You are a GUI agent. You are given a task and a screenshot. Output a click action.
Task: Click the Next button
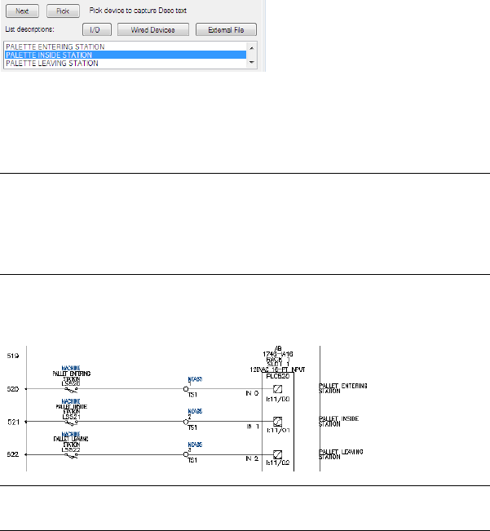coord(22,11)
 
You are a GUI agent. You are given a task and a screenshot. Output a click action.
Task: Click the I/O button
coord(95,30)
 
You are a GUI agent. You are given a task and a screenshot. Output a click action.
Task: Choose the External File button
coord(226,30)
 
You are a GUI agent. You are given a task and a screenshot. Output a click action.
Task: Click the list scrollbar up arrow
coord(251,47)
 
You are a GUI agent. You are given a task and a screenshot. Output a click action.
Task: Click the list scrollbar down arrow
coord(251,63)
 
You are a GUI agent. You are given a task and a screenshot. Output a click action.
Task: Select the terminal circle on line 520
coord(186,389)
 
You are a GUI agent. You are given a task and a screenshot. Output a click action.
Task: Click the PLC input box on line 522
coord(278,454)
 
